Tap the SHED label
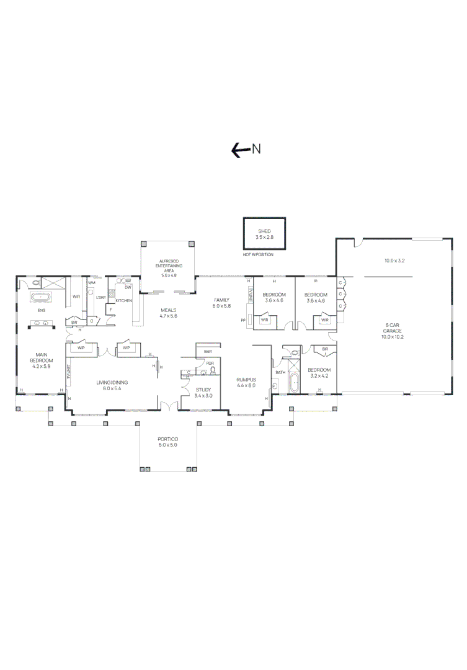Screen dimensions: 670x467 point(264,231)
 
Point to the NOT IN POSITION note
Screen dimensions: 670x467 point(258,254)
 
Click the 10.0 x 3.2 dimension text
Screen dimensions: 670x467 point(394,261)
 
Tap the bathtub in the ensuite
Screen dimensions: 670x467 point(42,297)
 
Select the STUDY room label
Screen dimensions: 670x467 point(203,390)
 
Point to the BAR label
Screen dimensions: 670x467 point(208,352)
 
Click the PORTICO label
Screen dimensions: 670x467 point(167,439)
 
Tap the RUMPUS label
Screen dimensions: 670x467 point(246,379)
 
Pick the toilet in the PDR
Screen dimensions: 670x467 point(213,370)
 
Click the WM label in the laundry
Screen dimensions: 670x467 point(92,283)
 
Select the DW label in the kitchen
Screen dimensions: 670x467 point(128,287)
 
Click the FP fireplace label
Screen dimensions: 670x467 point(242,321)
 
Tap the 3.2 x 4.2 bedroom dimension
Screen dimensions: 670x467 point(320,375)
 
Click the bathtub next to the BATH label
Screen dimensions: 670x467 point(293,383)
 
